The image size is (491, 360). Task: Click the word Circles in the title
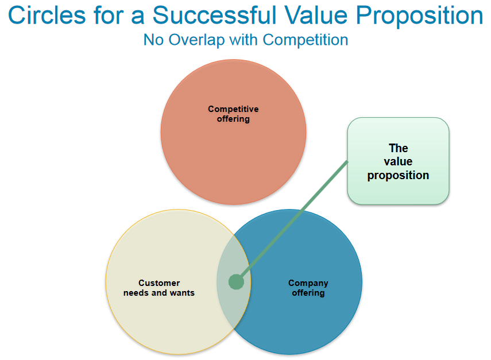pyautogui.click(x=47, y=15)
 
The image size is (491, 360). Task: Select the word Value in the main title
pyautogui.click(x=316, y=15)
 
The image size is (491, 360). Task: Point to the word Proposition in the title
pyautogui.click(x=420, y=16)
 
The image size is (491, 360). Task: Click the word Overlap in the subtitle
pyautogui.click(x=196, y=40)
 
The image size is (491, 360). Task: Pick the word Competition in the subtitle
pyautogui.click(x=306, y=40)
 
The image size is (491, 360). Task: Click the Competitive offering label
pyautogui.click(x=233, y=114)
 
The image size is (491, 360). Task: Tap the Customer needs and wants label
pyautogui.click(x=159, y=288)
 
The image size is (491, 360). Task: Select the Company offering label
pyautogui.click(x=308, y=288)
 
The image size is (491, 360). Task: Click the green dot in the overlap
pyautogui.click(x=236, y=282)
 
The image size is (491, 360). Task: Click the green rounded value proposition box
pyautogui.click(x=398, y=161)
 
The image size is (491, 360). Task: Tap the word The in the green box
pyautogui.click(x=399, y=148)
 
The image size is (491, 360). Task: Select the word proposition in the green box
pyautogui.click(x=398, y=176)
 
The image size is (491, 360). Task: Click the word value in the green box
pyautogui.click(x=398, y=161)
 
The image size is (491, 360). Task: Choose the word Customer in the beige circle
pyautogui.click(x=159, y=283)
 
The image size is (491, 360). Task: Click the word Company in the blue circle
pyautogui.click(x=308, y=283)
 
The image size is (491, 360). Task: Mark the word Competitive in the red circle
pyautogui.click(x=233, y=109)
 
